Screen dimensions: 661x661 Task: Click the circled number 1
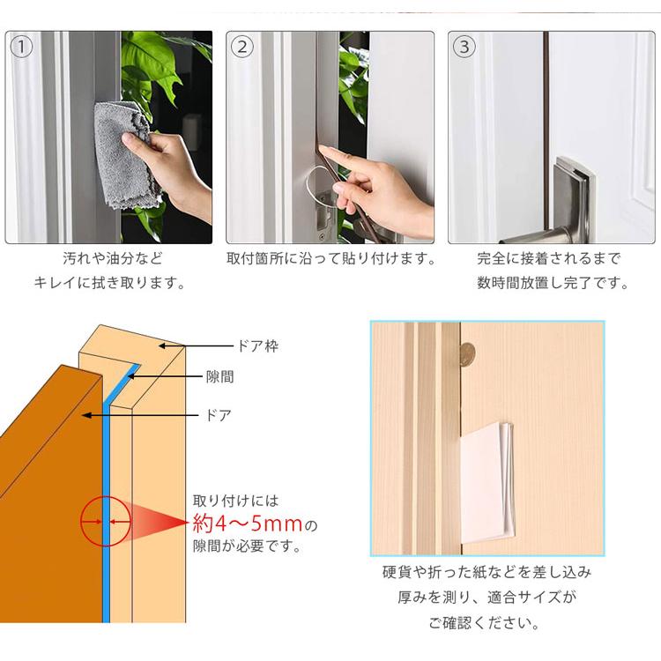pos(21,47)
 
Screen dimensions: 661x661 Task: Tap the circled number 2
pos(242,47)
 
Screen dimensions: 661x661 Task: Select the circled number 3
pos(464,47)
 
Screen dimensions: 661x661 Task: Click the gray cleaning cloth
pos(124,155)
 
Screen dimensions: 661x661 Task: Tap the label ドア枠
pos(258,346)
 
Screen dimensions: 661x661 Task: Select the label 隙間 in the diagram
pos(219,376)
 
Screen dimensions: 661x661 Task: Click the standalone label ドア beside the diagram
pos(219,416)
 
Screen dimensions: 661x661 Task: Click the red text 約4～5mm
pos(248,524)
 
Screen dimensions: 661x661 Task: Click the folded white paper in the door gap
pos(486,483)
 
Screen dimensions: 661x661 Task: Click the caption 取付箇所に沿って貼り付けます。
pos(331,258)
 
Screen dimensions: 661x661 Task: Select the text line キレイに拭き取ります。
pos(109,283)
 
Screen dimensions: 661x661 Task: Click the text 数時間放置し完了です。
pos(553,283)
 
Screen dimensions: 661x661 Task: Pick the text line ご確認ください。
pos(485,622)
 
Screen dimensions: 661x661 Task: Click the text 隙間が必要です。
pos(248,546)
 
